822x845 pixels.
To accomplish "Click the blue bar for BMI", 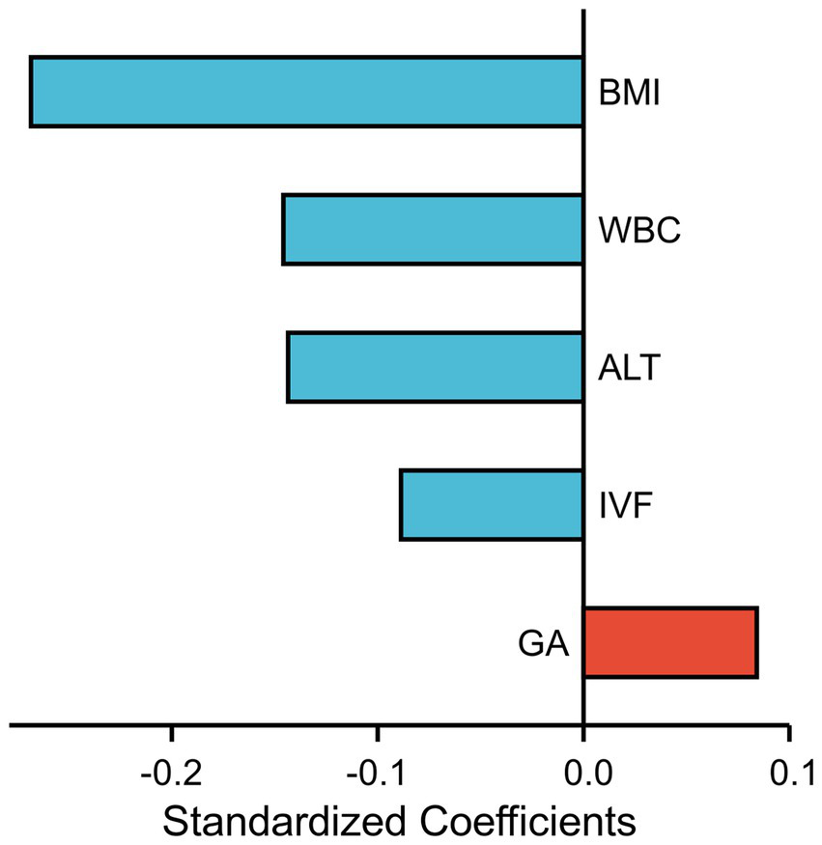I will (x=306, y=92).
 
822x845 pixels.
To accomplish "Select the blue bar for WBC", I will (x=432, y=229).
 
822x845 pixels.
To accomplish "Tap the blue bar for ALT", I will (x=435, y=367).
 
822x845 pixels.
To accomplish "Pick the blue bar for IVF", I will (x=491, y=505).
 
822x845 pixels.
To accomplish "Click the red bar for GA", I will (x=670, y=643).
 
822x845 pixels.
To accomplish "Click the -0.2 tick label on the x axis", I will (x=171, y=774).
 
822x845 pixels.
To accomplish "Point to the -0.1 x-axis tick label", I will (x=377, y=774).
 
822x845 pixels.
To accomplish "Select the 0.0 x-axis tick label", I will (x=582, y=774).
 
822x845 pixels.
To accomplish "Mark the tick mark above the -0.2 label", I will (x=171, y=734).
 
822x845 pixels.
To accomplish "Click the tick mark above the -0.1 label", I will (x=377, y=734).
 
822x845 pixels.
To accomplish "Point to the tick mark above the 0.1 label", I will (x=788, y=734).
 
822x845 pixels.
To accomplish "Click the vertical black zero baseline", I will (x=582, y=290).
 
